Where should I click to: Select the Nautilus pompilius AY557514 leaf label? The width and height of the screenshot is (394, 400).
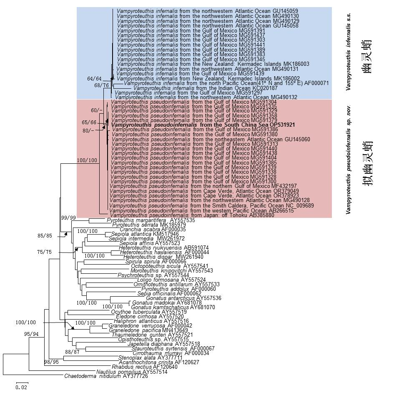point(132,372)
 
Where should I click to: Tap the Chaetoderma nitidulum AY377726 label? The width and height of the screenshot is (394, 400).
point(106,376)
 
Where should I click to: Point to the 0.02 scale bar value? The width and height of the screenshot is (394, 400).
point(21,387)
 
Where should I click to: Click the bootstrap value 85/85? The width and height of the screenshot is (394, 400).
point(46,236)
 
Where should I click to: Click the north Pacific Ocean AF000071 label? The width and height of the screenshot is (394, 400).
point(226,83)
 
